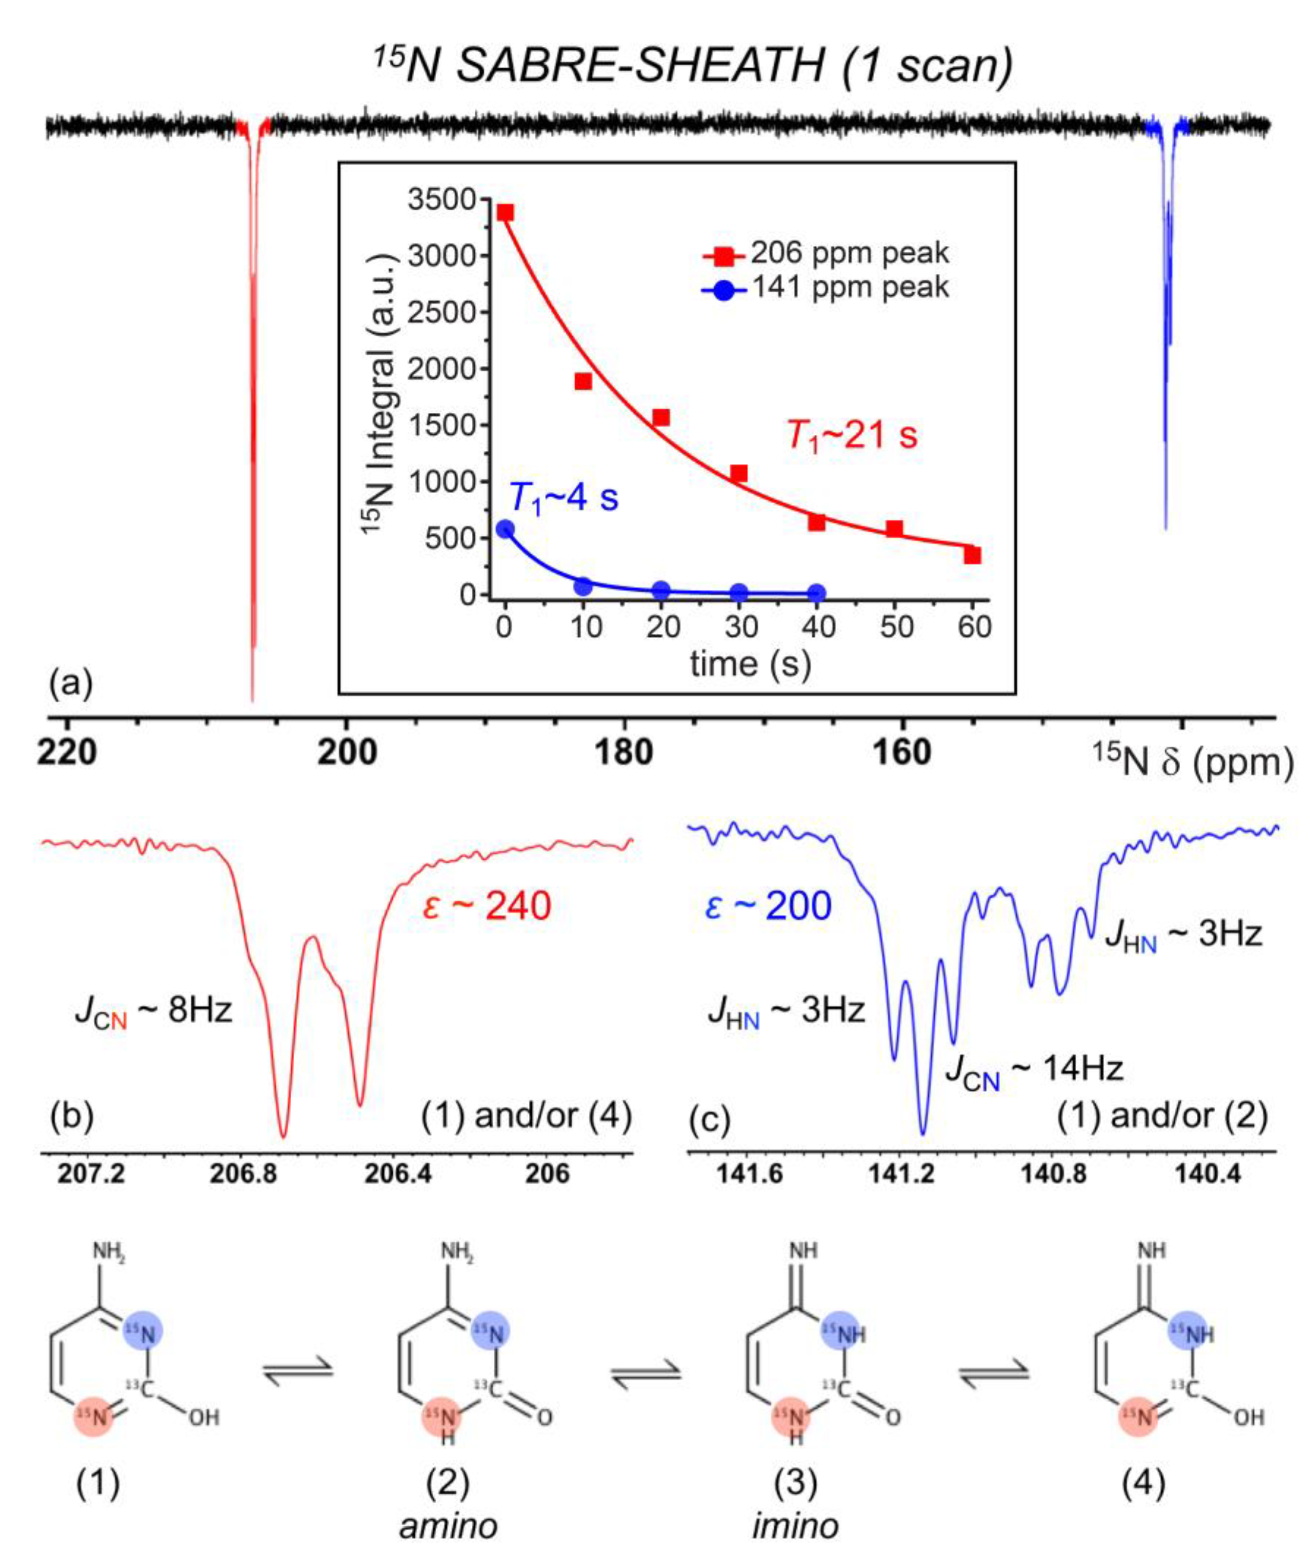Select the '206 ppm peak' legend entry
pos(848,254)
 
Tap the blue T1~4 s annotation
pos(563,497)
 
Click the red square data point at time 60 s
pos(972,555)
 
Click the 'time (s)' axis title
pos(750,664)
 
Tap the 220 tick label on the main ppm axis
pos(67,753)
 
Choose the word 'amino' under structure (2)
pos(448,1526)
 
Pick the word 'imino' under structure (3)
pos(795,1526)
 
